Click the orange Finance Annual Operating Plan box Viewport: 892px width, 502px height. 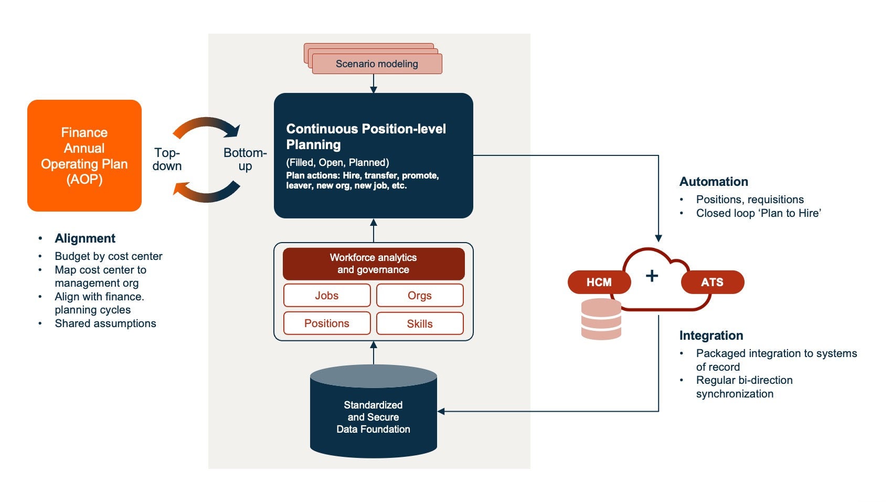84,155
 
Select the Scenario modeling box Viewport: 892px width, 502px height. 377,64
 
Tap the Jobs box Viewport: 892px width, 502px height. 327,296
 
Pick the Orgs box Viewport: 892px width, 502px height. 420,296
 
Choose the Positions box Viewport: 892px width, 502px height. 327,323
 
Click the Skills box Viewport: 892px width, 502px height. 420,323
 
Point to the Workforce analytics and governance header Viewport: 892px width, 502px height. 374,264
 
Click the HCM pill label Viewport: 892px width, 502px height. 599,283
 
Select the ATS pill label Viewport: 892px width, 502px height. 712,283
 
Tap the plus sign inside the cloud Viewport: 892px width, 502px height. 652,276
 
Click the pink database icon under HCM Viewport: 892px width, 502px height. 601,319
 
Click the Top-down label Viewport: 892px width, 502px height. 167,159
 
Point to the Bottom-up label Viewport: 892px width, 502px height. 245,159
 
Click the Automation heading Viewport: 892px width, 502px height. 714,182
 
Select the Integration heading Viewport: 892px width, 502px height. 711,336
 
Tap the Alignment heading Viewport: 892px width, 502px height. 85,238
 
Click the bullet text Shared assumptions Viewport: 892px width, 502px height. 105,323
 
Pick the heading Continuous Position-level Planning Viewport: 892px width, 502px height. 366,137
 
